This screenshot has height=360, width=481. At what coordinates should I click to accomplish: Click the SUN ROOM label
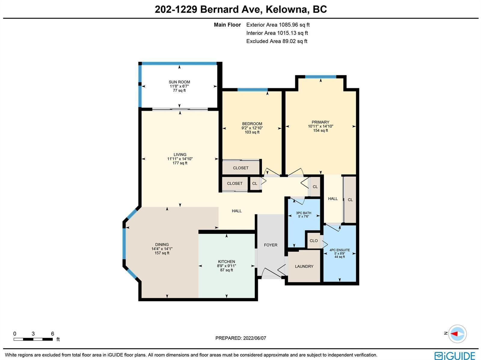click(x=179, y=82)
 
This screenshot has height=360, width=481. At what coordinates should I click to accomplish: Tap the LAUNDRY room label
click(x=304, y=266)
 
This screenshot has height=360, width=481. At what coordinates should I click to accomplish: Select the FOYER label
click(x=271, y=245)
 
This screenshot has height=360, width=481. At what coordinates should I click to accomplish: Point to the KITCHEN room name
click(x=226, y=261)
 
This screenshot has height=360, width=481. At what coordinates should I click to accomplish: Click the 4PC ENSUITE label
click(x=340, y=250)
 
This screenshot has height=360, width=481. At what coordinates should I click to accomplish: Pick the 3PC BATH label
click(x=304, y=213)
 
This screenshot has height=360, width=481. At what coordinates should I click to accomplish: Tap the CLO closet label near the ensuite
click(x=314, y=240)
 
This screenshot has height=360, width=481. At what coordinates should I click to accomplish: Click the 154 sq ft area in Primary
click(x=320, y=130)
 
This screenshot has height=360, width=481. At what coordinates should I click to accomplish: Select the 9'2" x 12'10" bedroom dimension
click(x=252, y=128)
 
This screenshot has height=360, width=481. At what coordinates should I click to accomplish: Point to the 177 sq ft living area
click(x=180, y=163)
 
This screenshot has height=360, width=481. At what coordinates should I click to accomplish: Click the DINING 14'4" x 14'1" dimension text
click(x=162, y=249)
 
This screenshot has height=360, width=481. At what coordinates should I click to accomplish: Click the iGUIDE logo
click(x=455, y=355)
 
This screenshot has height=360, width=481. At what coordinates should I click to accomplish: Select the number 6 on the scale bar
click(x=52, y=334)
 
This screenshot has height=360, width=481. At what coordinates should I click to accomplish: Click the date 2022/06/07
click(x=255, y=338)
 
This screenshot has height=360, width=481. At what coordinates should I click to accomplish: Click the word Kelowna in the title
click(x=286, y=9)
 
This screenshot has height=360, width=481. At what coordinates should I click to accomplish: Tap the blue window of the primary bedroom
click(x=320, y=77)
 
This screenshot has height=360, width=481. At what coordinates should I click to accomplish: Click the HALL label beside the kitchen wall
click(x=237, y=211)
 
